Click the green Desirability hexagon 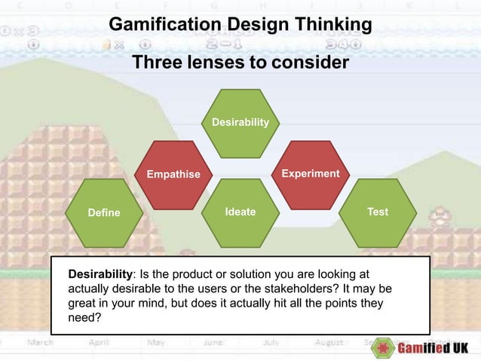click(240, 122)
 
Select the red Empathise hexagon click(173, 174)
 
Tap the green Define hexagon click(103, 212)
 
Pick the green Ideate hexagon click(240, 212)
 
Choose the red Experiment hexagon click(310, 174)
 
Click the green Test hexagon click(378, 212)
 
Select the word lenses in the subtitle click(210, 63)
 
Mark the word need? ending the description click(84, 317)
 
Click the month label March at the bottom click(41, 342)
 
